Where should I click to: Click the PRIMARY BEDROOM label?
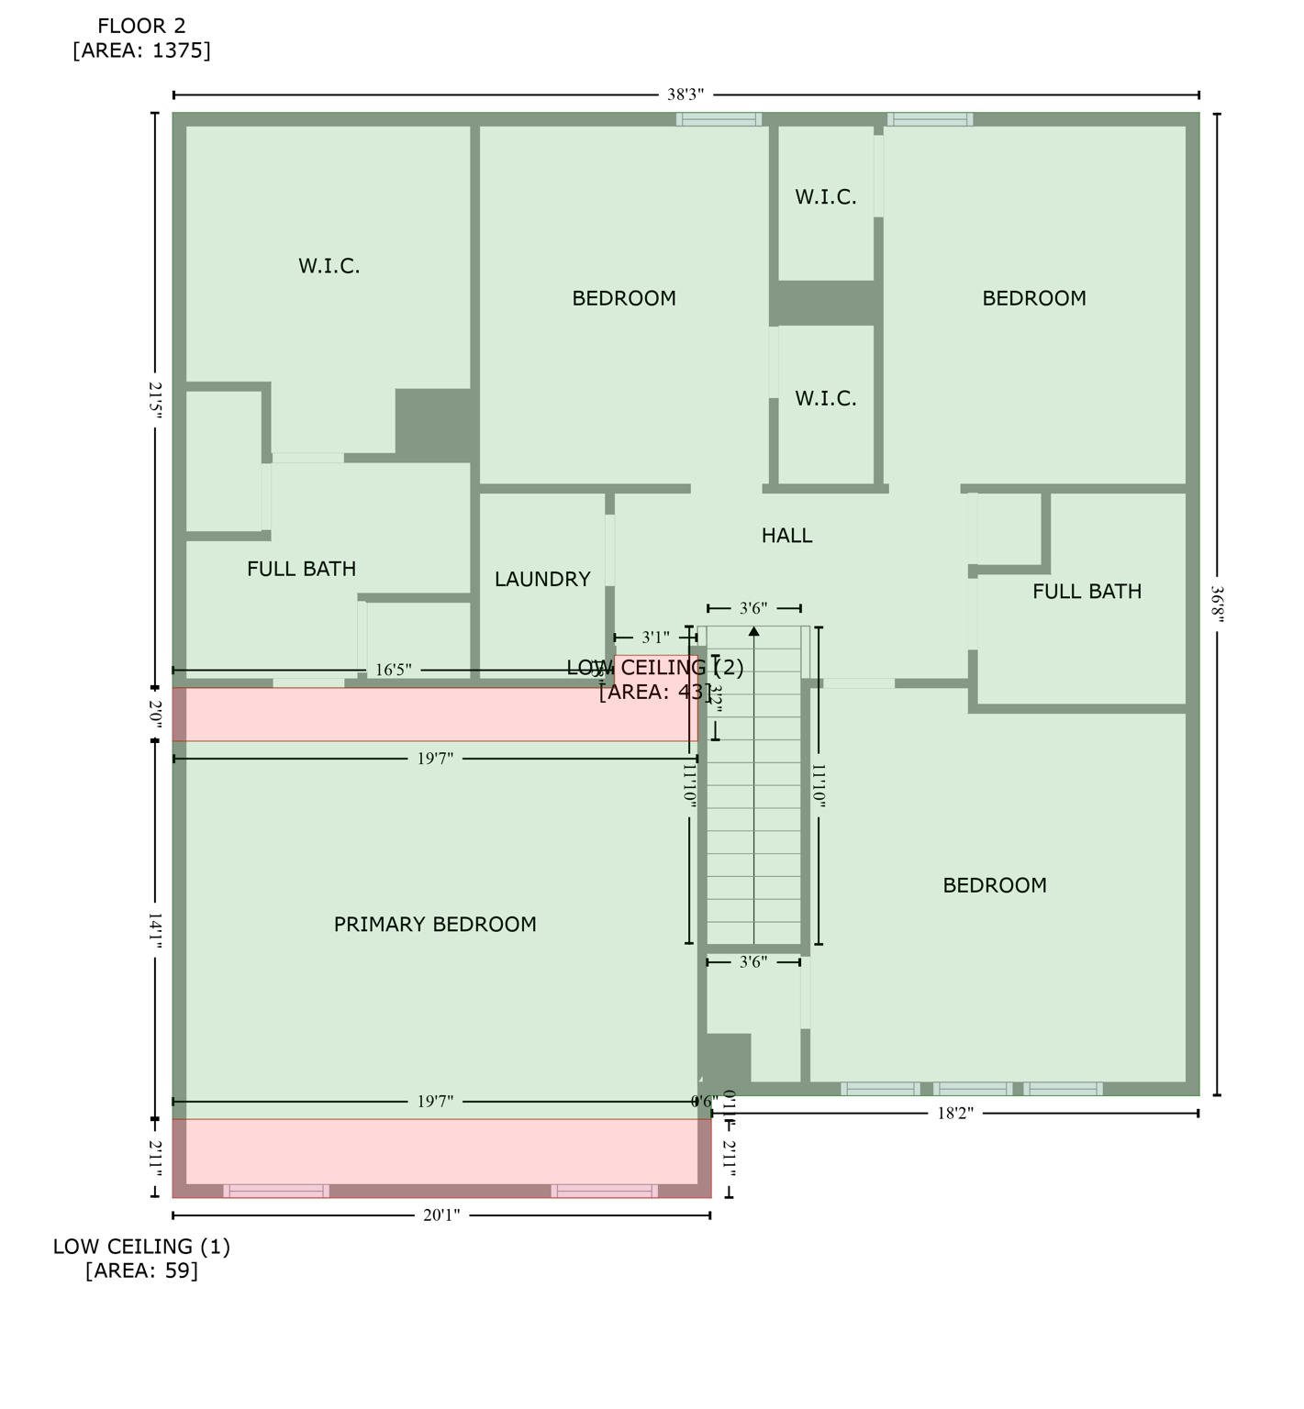click(x=435, y=925)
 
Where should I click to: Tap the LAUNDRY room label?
click(x=542, y=580)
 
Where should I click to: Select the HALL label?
click(x=786, y=536)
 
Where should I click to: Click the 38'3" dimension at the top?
click(x=685, y=94)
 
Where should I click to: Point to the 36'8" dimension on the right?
click(x=1217, y=605)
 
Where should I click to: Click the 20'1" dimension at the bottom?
click(x=441, y=1215)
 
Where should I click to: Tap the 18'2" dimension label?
click(x=954, y=1114)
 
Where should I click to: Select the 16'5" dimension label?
click(x=393, y=671)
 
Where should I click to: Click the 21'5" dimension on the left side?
click(x=155, y=401)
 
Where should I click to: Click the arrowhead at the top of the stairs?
click(x=754, y=630)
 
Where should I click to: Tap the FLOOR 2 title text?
click(x=141, y=27)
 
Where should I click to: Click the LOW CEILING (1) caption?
click(x=141, y=1247)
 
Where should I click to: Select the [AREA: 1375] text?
click(x=141, y=50)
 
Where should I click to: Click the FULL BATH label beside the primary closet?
click(x=301, y=570)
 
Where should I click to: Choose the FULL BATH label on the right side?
click(x=1087, y=592)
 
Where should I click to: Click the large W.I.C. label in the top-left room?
click(x=329, y=267)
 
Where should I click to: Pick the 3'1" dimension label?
click(x=655, y=638)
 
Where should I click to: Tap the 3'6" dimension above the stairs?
click(x=753, y=608)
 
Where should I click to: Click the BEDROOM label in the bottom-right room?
click(x=995, y=886)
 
